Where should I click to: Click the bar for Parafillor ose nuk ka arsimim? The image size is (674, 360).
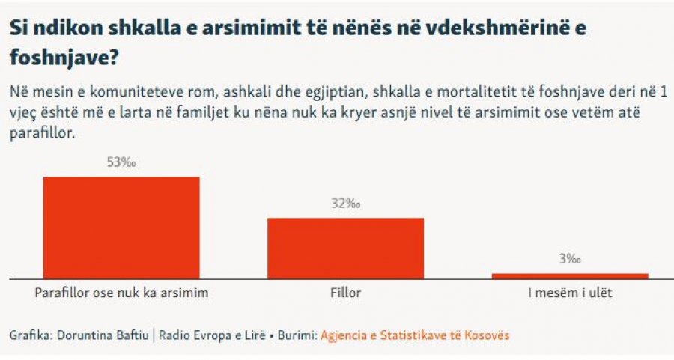pyautogui.click(x=121, y=228)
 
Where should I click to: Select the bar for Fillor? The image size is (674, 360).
pyautogui.click(x=345, y=248)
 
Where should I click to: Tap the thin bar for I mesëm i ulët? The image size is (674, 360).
pyautogui.click(x=570, y=276)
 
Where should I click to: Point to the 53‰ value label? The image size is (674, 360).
pyautogui.click(x=121, y=162)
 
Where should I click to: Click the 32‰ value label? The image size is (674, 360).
pyautogui.click(x=345, y=203)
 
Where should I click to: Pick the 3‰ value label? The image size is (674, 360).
pyautogui.click(x=570, y=259)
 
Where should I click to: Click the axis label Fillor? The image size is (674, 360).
pyautogui.click(x=345, y=293)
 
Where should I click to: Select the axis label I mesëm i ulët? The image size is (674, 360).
pyautogui.click(x=570, y=293)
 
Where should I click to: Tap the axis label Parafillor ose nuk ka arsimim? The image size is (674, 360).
pyautogui.click(x=121, y=293)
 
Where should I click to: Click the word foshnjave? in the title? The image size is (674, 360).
pyautogui.click(x=64, y=57)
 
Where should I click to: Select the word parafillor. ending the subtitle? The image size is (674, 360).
pyautogui.click(x=43, y=132)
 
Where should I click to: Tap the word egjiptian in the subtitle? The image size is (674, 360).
pyautogui.click(x=333, y=93)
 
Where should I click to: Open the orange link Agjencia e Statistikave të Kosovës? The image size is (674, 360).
pyautogui.click(x=415, y=335)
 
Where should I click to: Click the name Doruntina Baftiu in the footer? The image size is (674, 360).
pyautogui.click(x=103, y=335)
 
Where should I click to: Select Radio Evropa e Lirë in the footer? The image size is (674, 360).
pyautogui.click(x=212, y=335)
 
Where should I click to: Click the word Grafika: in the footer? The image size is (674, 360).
pyautogui.click(x=31, y=335)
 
